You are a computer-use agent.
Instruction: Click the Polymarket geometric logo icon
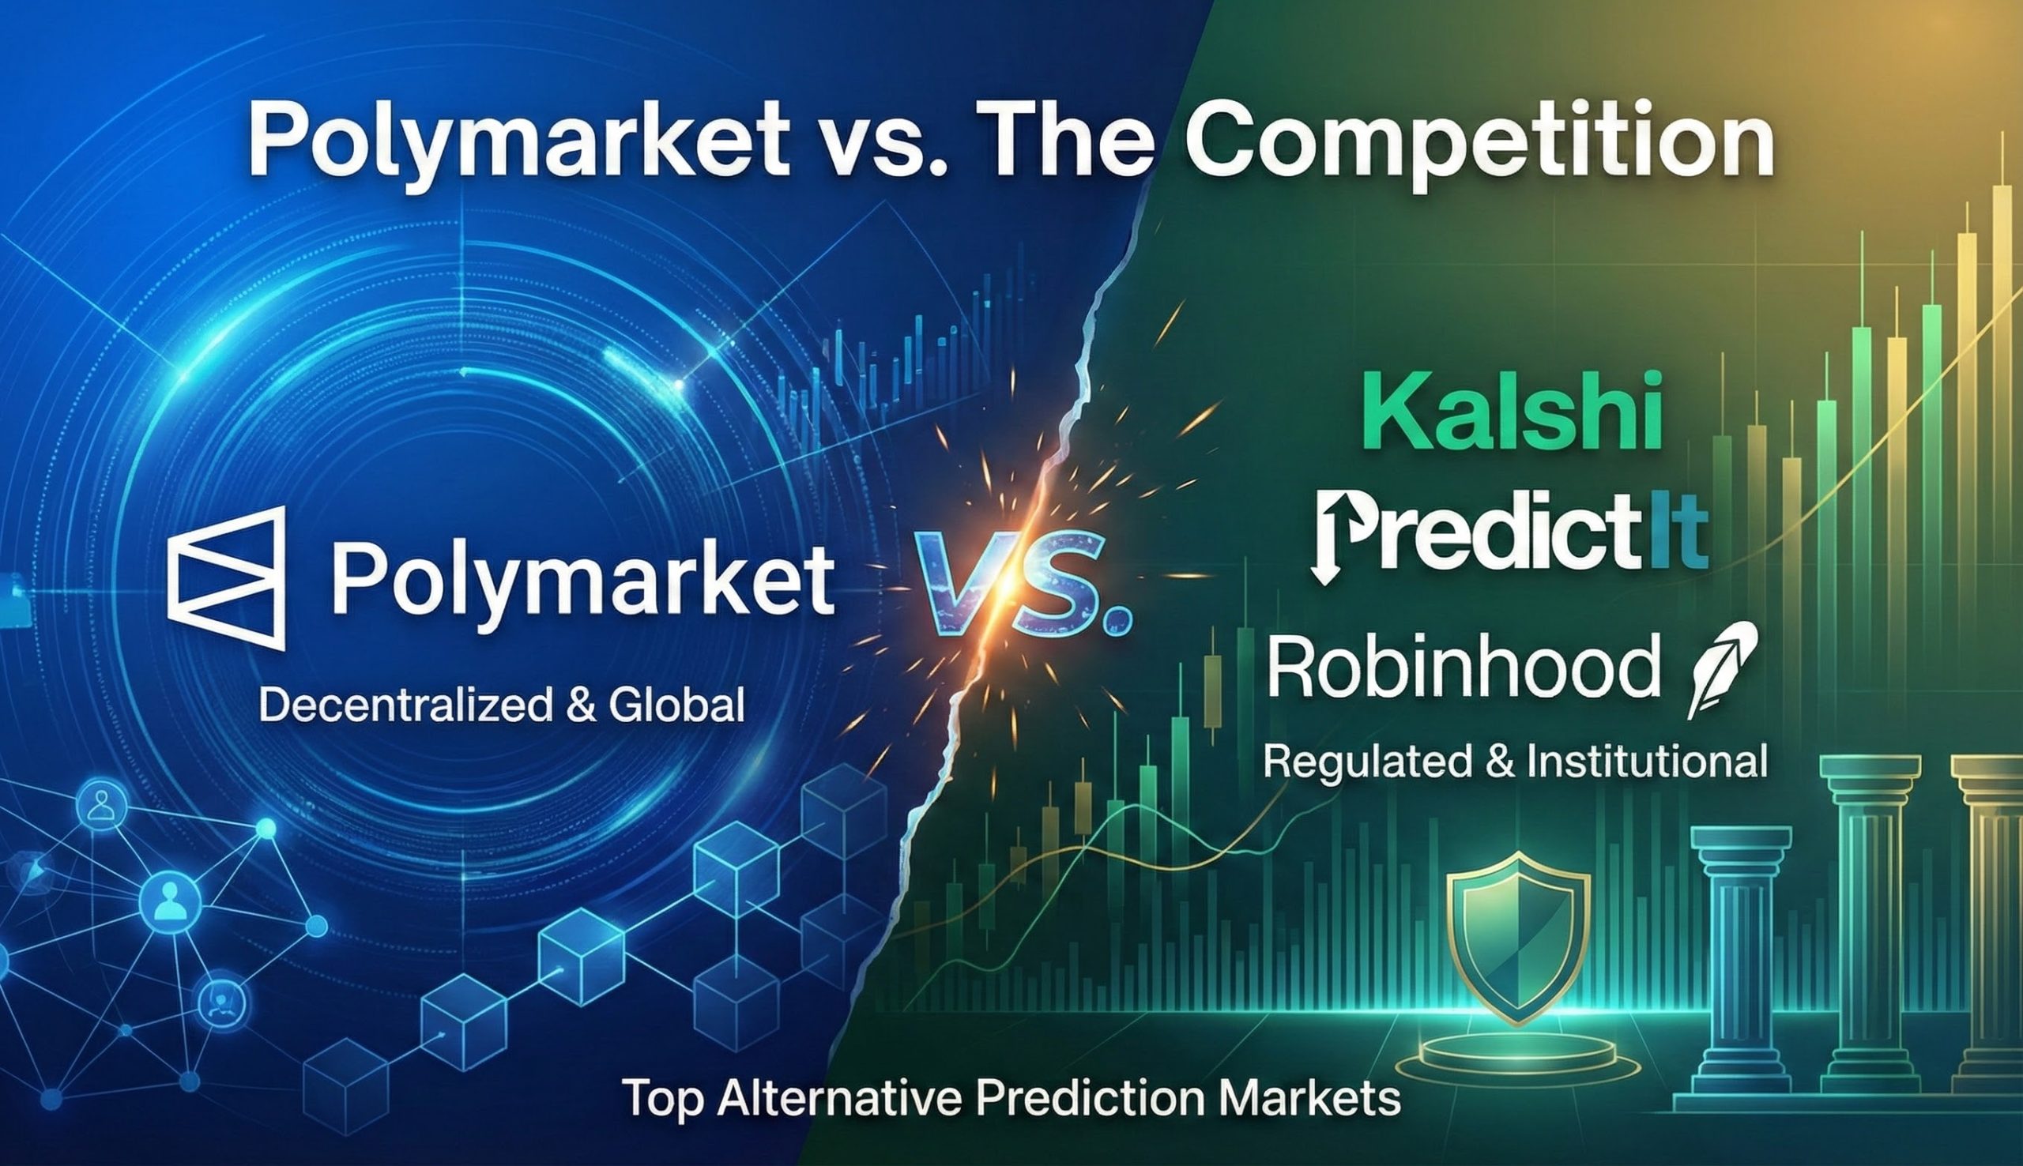point(227,577)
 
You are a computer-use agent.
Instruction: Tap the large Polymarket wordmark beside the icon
point(582,579)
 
